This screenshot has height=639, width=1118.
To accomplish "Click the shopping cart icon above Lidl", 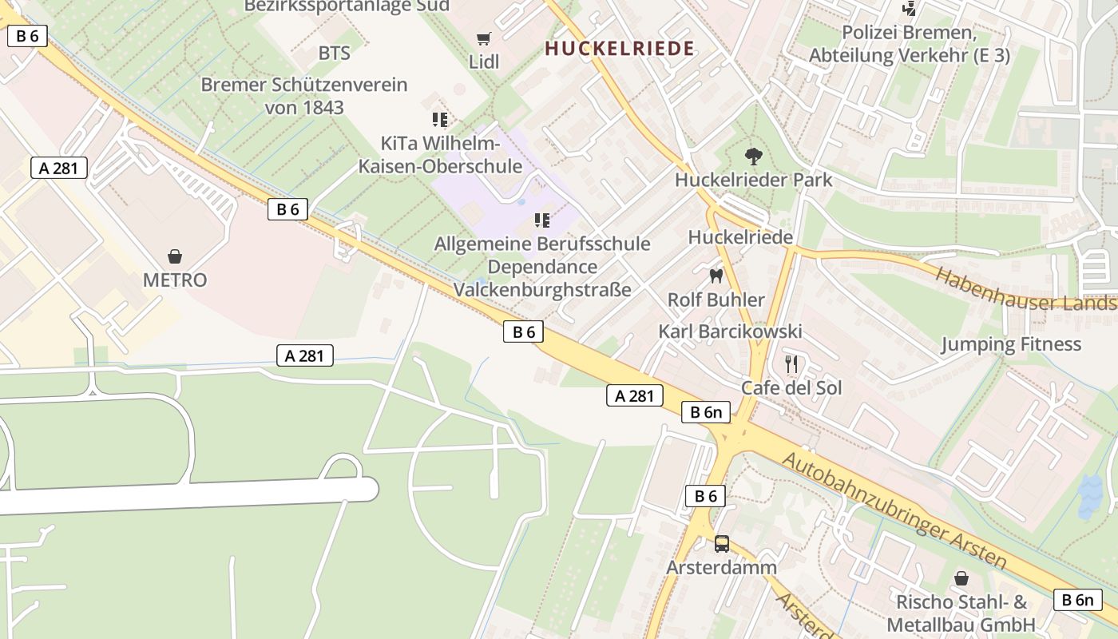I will pos(483,38).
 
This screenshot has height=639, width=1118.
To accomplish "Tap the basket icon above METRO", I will pos(175,256).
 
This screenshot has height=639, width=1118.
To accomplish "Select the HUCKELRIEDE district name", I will pos(620,48).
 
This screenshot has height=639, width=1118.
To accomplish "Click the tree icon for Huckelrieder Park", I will pos(752,157).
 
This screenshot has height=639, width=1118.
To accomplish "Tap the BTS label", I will pos(334,54).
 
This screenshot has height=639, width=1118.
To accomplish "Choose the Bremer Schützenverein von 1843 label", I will pos(304,96).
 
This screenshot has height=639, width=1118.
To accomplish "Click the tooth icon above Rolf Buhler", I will pos(716,276).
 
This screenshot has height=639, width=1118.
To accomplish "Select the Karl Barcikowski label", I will pos(730,331).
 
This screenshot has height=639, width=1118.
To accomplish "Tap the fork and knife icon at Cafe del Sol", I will pos(791,364).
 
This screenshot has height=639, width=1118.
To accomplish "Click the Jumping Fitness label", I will pos(1010,344).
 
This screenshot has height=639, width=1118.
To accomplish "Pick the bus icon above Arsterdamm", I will pos(722,544).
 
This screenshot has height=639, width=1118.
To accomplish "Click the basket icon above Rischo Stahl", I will pos(961,578).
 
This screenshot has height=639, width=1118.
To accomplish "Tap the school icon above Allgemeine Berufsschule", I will pos(542,220).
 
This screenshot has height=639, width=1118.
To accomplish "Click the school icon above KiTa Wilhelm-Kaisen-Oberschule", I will pos(440,120).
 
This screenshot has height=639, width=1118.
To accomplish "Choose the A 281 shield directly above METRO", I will pos(59,168).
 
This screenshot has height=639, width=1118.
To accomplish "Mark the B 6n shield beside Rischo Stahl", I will pos(1077,600).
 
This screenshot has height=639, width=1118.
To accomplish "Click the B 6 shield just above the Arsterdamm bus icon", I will pos(705,496).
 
